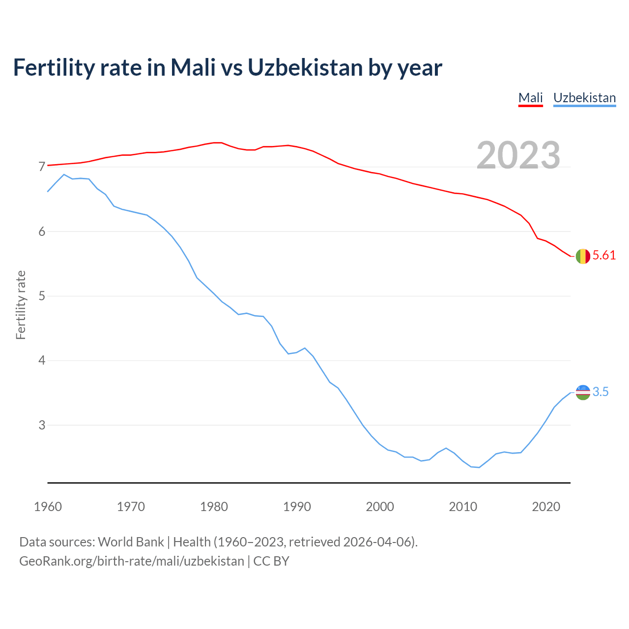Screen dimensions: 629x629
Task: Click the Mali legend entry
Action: (531, 98)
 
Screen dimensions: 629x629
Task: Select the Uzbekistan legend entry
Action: (584, 98)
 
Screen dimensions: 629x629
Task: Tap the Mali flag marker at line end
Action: (583, 257)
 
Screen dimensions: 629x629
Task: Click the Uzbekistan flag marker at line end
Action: (583, 392)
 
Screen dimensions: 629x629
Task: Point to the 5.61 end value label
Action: (604, 256)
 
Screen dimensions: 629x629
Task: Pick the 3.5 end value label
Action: (600, 392)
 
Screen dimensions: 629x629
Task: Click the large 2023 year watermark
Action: (518, 155)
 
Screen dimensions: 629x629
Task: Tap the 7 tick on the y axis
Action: (42, 167)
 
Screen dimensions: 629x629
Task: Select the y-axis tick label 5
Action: (42, 296)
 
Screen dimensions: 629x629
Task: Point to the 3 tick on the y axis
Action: (42, 426)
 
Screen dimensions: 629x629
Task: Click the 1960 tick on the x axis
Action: (48, 507)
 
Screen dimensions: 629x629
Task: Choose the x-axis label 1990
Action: (297, 507)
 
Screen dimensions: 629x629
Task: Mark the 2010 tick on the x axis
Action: (463, 507)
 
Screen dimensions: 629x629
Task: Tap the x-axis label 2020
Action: (546, 507)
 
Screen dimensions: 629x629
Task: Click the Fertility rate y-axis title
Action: (21, 305)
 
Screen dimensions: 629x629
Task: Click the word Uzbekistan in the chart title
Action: (305, 67)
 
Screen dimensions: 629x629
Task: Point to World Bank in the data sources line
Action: (131, 542)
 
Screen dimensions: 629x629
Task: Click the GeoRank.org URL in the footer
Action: (132, 561)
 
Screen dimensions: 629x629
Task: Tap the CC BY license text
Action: (271, 561)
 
